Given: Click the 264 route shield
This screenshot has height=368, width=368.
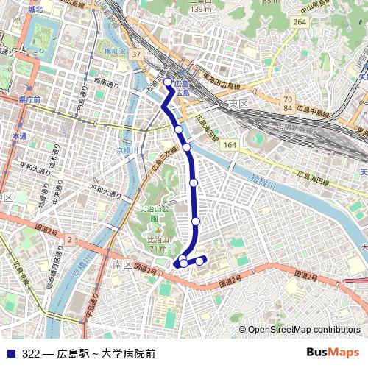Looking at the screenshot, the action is pos(299,22).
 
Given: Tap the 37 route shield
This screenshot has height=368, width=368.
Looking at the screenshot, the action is pos(136,54).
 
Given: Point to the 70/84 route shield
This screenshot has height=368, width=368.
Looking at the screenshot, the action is pos(288,104).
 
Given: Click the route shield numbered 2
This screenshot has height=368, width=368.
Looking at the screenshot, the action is pos(69,240).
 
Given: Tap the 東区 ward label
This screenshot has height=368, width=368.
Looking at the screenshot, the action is pos(237,104).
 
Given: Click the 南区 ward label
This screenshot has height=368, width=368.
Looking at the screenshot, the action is pos(122,263).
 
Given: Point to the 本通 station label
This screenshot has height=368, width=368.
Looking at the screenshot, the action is pos(19,137).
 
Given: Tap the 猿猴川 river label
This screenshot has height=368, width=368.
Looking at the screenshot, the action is pos(262,181).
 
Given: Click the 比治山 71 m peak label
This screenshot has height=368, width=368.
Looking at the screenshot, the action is pos(156,244).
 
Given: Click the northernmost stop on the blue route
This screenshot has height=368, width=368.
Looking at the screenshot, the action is pos(168,82).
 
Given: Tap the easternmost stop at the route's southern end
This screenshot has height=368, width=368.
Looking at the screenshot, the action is pos(199,261).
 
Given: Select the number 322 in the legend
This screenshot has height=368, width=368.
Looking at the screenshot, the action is pos(31,353).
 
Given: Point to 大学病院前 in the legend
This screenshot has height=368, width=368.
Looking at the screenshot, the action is pos(129,353).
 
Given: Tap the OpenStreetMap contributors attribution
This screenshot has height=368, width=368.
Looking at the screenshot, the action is pos(304,330).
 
